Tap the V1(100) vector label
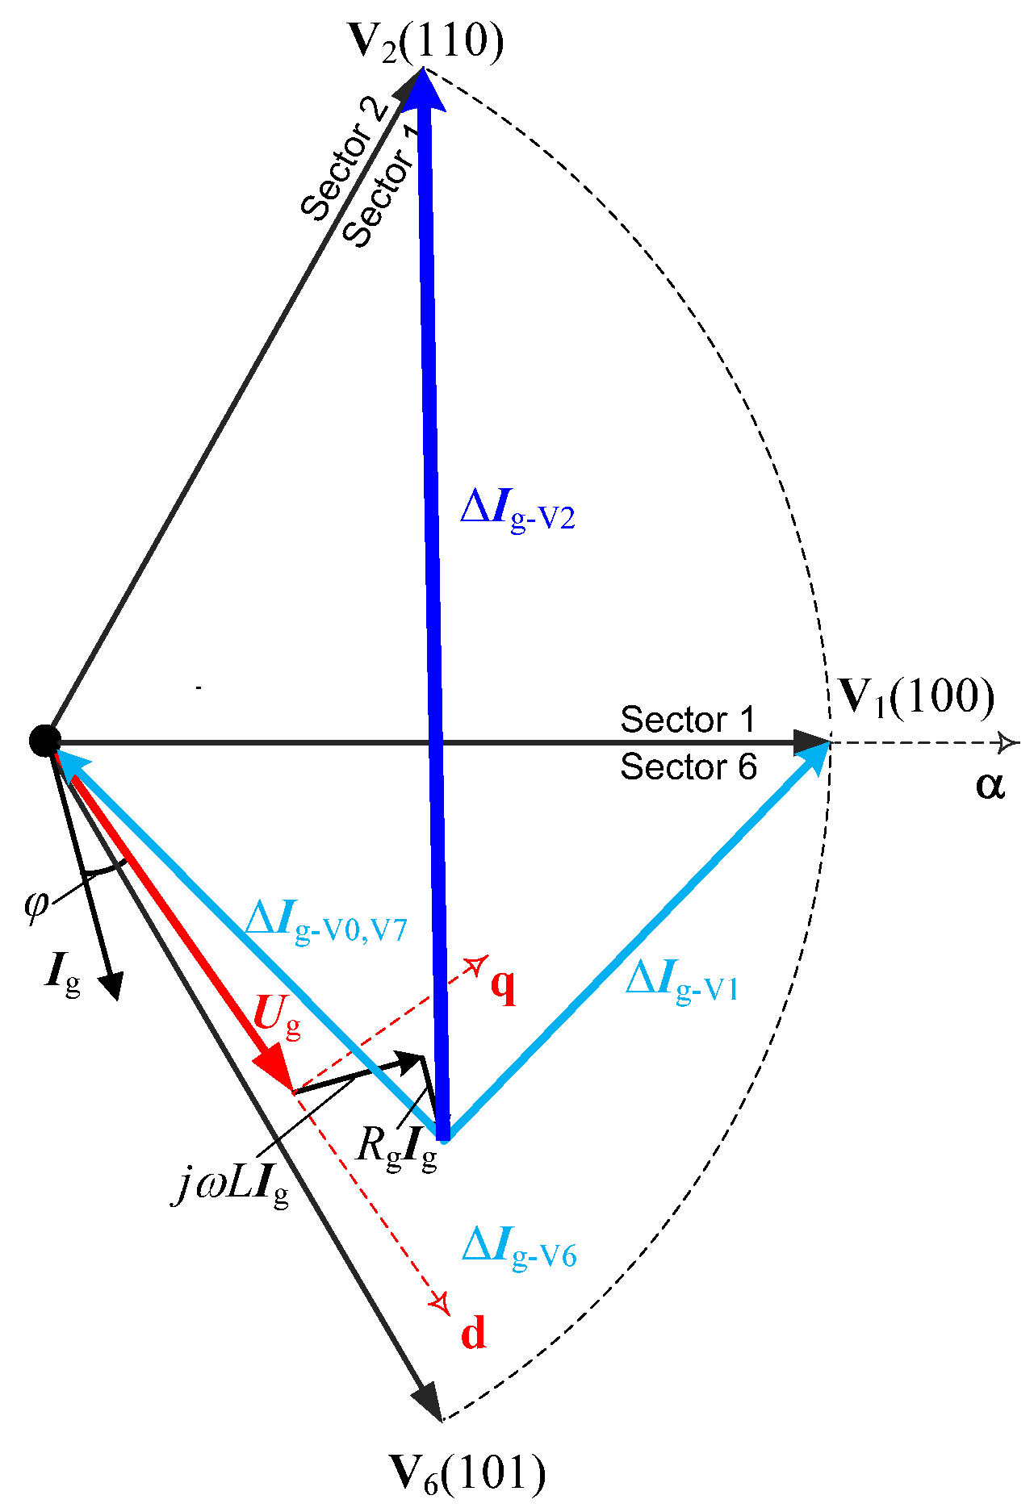tap(917, 696)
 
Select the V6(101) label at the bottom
tap(467, 1472)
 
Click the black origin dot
tap(44, 740)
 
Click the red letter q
tap(503, 985)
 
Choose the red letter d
tap(474, 1333)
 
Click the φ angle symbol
tap(36, 904)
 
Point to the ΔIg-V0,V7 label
tap(325, 923)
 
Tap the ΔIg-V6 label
tap(519, 1248)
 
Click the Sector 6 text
tap(688, 767)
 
